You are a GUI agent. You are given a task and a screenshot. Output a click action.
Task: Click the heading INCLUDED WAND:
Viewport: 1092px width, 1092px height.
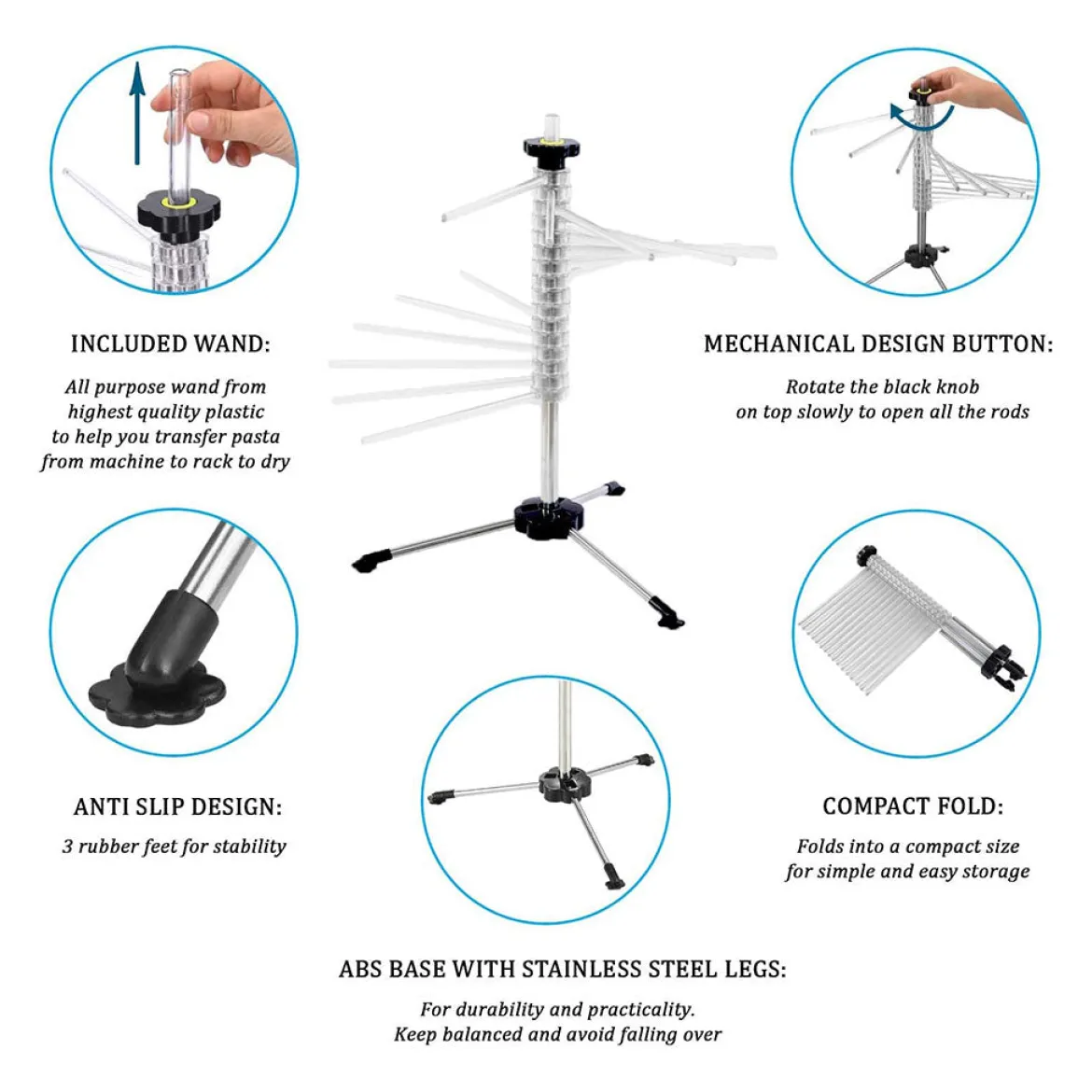171,343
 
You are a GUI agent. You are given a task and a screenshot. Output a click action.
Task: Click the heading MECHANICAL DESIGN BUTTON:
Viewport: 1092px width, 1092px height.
879,343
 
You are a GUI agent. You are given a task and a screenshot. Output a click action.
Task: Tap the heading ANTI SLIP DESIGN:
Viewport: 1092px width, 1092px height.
177,806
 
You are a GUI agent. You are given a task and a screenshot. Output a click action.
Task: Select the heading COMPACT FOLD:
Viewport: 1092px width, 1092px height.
913,805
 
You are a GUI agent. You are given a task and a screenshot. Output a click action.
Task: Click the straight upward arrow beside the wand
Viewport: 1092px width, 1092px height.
137,114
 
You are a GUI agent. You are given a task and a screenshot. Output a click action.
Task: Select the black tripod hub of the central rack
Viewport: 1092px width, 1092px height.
549,517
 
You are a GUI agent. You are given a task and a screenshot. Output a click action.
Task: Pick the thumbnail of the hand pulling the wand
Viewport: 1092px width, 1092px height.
175,171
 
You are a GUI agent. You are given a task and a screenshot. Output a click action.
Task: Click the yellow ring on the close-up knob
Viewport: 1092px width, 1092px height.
178,203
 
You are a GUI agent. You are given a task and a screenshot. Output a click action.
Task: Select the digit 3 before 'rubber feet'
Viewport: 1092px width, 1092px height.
67,847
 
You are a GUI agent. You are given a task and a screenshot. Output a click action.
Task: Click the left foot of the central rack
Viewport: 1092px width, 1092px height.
372,560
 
